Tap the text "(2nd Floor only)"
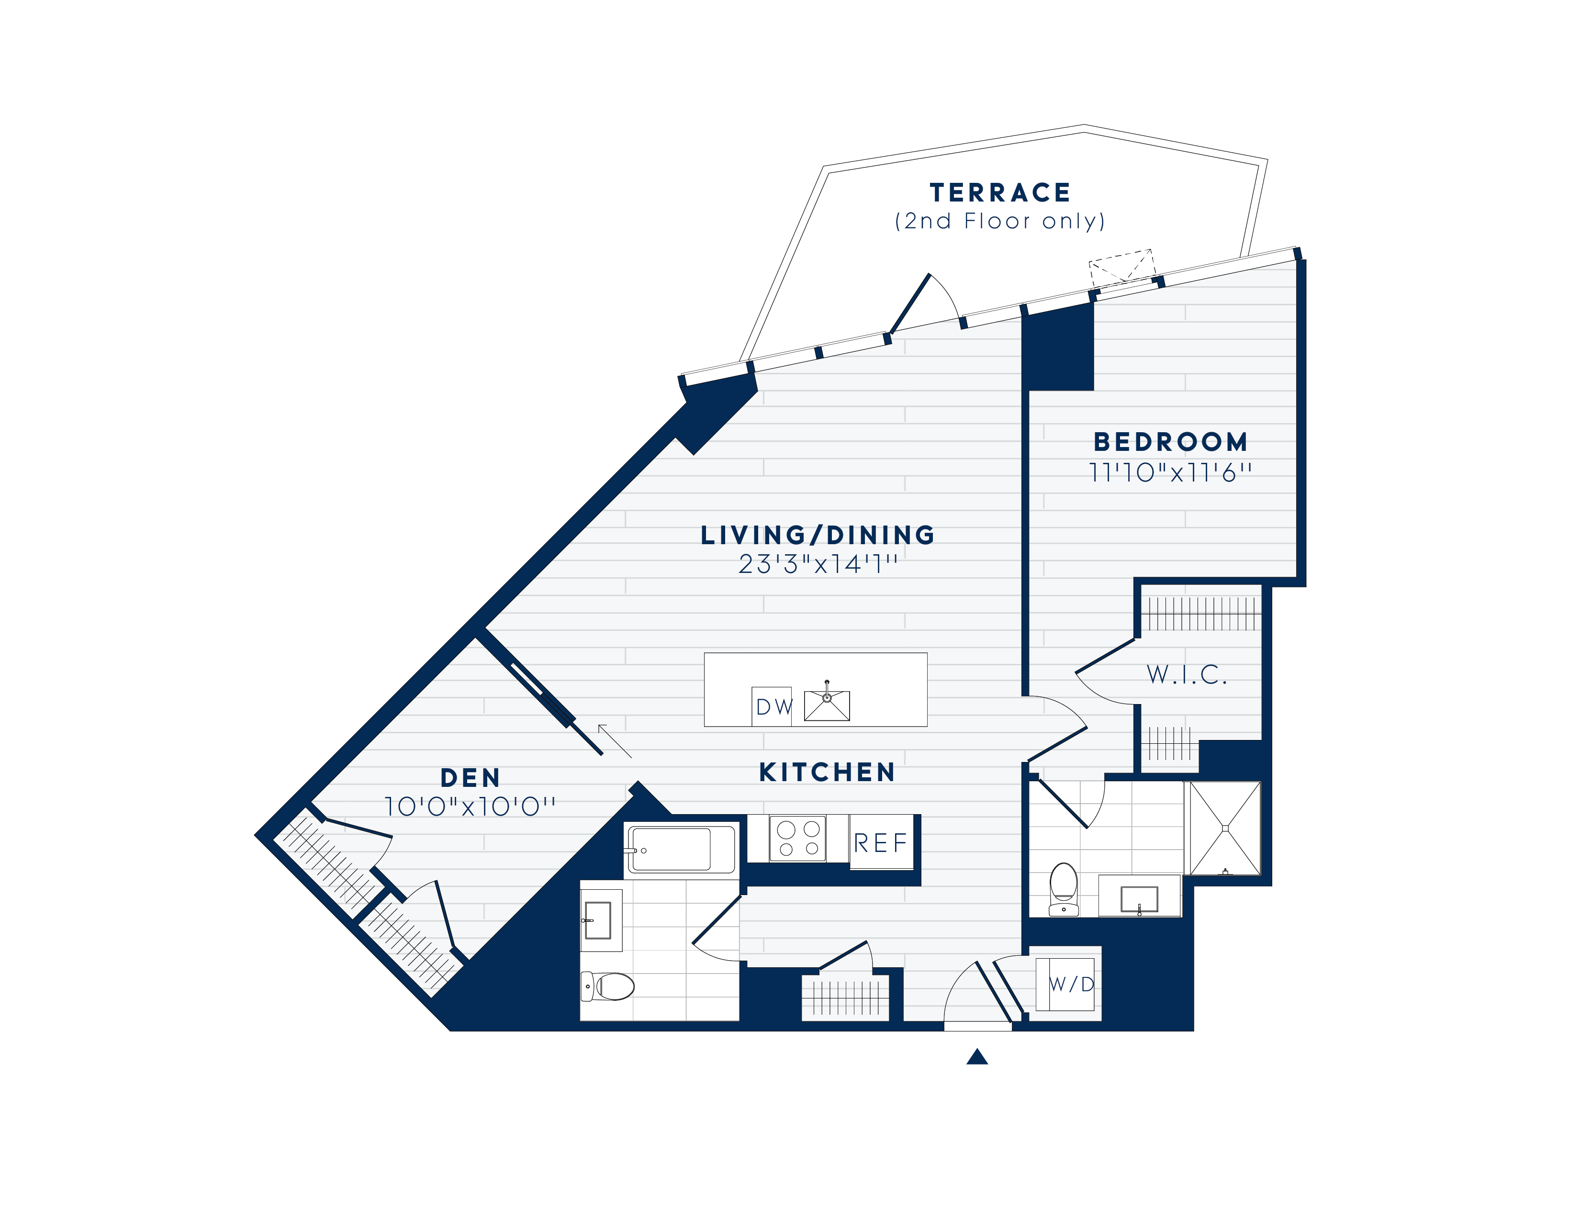click(x=1000, y=221)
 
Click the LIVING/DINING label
click(x=818, y=535)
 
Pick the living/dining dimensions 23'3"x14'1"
click(x=818, y=563)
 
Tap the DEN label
click(x=470, y=778)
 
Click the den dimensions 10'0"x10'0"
click(x=470, y=807)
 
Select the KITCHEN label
click(x=828, y=772)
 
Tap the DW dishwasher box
click(x=772, y=706)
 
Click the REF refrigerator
click(x=881, y=842)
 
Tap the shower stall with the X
click(x=1225, y=828)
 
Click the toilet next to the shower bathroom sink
click(x=1064, y=889)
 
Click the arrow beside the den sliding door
click(x=615, y=741)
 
